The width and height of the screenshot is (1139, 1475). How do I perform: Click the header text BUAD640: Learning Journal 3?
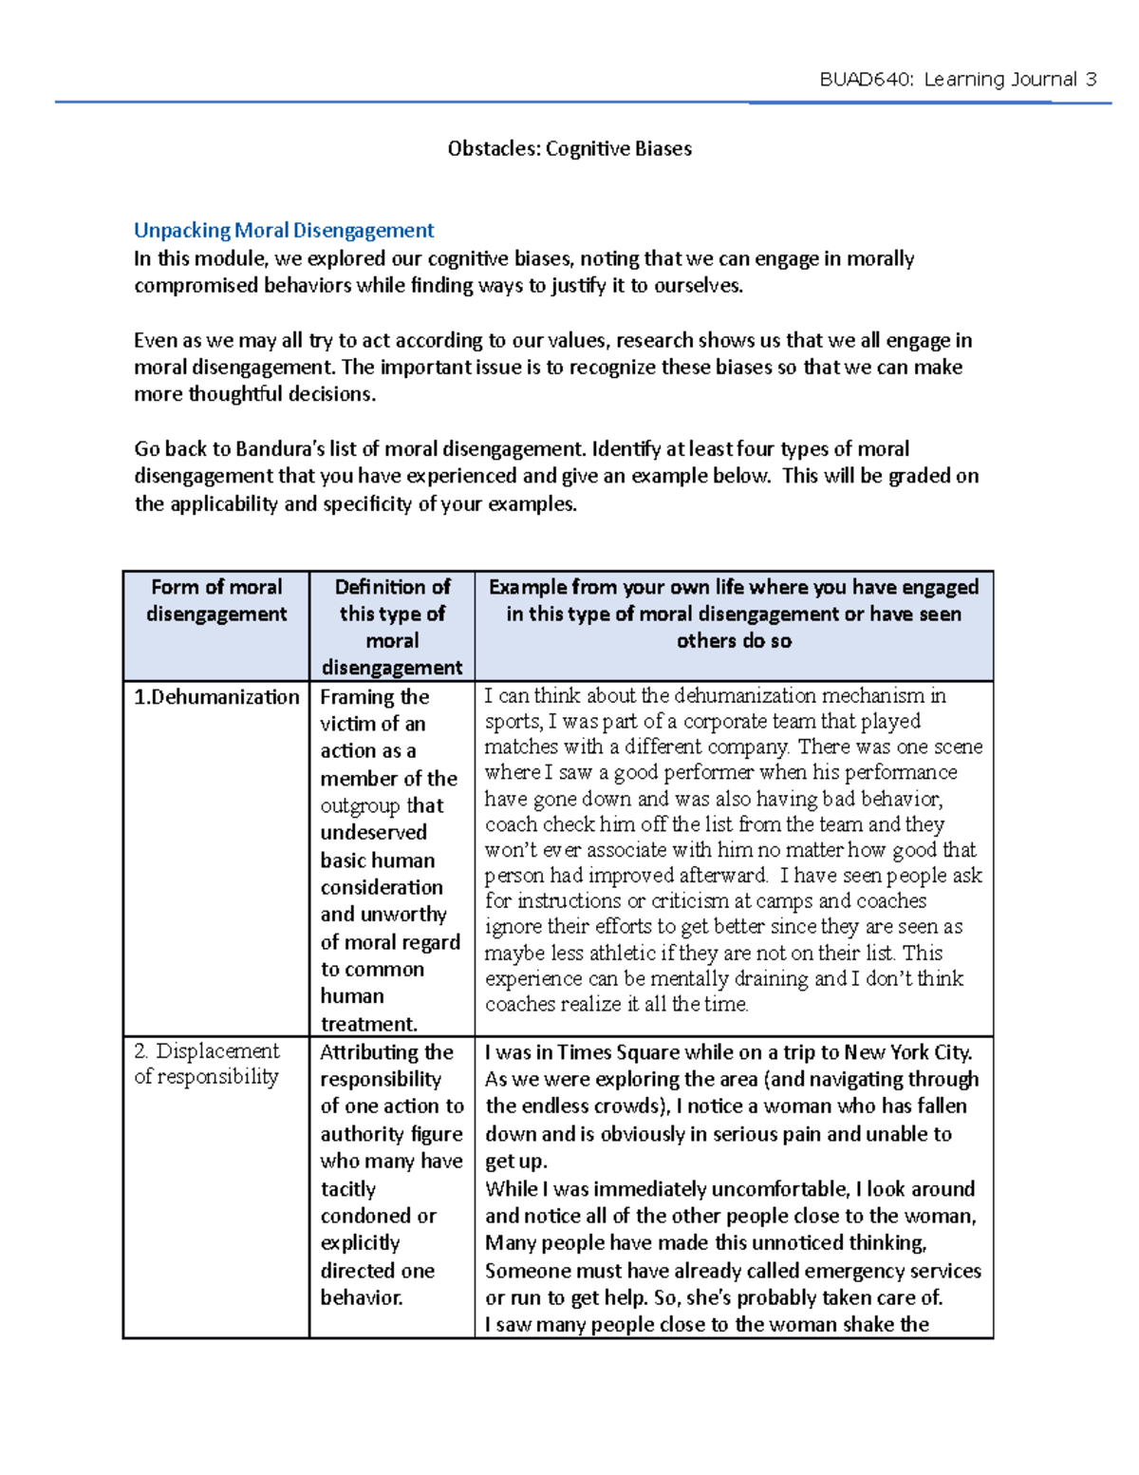tap(958, 80)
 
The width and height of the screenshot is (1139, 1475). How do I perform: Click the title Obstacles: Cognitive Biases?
tap(569, 148)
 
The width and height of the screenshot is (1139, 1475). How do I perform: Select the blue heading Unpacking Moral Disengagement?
tap(284, 230)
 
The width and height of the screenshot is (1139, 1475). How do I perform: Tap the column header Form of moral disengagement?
tap(216, 600)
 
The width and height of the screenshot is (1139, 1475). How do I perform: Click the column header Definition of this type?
tap(392, 626)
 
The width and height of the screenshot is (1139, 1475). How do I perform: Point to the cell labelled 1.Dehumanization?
tap(216, 697)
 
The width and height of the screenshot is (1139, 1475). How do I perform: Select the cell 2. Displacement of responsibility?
tap(207, 1064)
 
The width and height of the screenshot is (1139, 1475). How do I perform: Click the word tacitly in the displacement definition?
tap(348, 1189)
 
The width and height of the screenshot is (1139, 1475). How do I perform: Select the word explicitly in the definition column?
tap(360, 1243)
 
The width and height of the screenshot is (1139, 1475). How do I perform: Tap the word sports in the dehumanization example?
tap(513, 722)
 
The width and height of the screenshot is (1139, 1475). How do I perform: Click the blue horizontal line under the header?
tap(569, 103)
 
